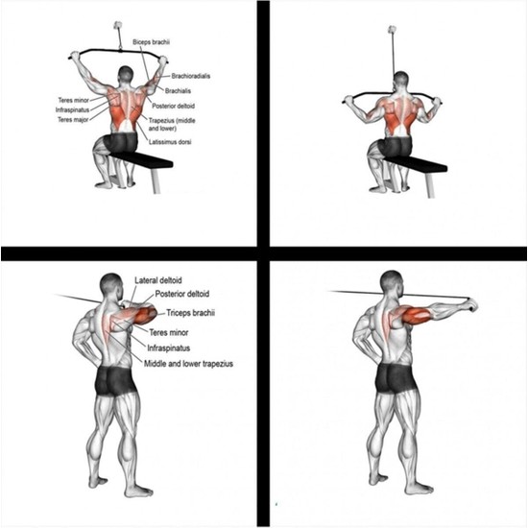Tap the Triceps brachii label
click(190, 313)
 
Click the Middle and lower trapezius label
click(186, 364)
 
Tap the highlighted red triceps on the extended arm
click(420, 314)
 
